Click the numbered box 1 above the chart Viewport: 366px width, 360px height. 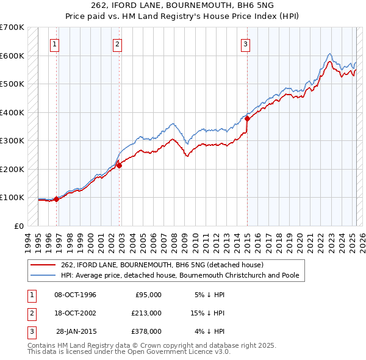[55, 44]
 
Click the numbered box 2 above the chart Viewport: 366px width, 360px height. [117, 44]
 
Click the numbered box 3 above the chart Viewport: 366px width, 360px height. [245, 44]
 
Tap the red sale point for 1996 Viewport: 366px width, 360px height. [56, 199]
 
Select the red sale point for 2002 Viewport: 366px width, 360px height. [119, 165]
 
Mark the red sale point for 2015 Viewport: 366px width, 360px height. [247, 119]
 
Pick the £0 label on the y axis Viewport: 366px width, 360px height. [18, 226]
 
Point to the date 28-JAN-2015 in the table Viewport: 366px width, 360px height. [76, 331]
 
